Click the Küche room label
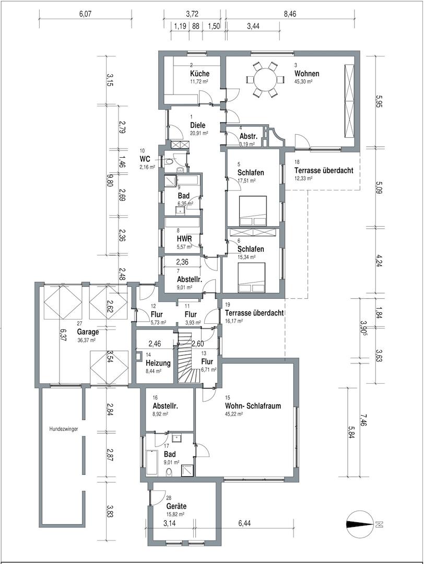click(199, 74)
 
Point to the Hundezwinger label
click(64, 429)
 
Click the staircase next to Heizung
click(190, 358)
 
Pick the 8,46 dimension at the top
click(290, 15)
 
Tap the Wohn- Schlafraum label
click(253, 406)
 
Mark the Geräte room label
click(176, 507)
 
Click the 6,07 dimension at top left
click(86, 15)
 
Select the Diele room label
click(198, 125)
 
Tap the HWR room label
click(184, 239)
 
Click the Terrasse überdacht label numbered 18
click(324, 170)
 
